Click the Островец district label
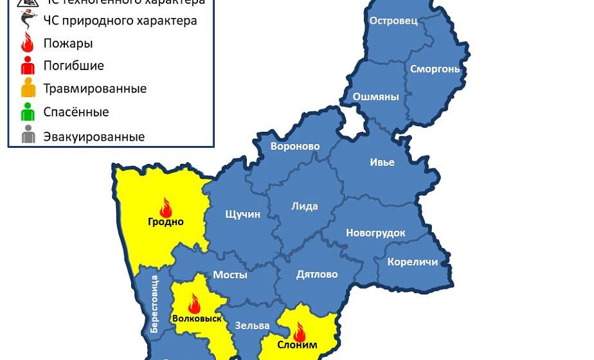(393, 21)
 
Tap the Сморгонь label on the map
(435, 69)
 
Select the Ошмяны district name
(375, 97)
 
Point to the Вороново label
(295, 147)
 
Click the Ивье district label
(382, 162)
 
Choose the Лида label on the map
(304, 206)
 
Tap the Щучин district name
(242, 214)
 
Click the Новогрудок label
(375, 233)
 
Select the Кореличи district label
(412, 262)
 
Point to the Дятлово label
(316, 274)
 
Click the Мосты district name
(230, 274)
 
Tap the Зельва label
(248, 325)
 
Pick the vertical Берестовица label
(154, 303)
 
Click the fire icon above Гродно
(166, 208)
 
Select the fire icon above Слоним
(299, 332)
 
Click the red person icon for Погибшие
(28, 66)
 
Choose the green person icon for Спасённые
(28, 113)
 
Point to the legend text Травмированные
(94, 89)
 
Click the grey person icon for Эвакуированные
(28, 136)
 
